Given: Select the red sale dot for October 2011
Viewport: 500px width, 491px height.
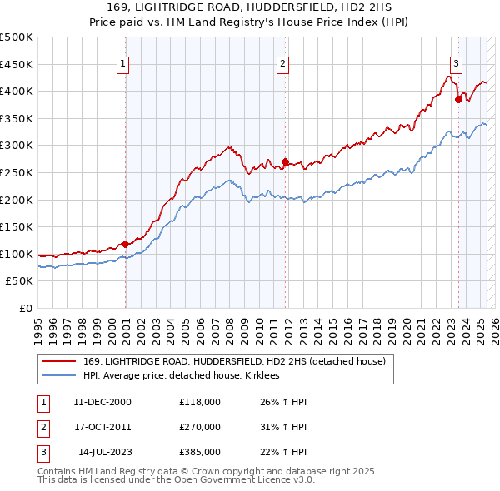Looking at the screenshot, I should pyautogui.click(x=285, y=161).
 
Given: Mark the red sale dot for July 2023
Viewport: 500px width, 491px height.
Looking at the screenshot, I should pyautogui.click(x=458, y=99).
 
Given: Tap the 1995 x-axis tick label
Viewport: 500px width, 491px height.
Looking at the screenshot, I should pyautogui.click(x=38, y=325).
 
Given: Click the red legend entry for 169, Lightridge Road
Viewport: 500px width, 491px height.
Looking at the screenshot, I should pyautogui.click(x=234, y=362).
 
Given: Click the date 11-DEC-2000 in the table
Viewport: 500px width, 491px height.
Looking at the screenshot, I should pyautogui.click(x=102, y=402).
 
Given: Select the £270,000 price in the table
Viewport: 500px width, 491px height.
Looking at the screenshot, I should pyautogui.click(x=200, y=427).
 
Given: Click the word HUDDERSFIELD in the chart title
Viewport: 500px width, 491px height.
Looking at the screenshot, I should pyautogui.click(x=267, y=8).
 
